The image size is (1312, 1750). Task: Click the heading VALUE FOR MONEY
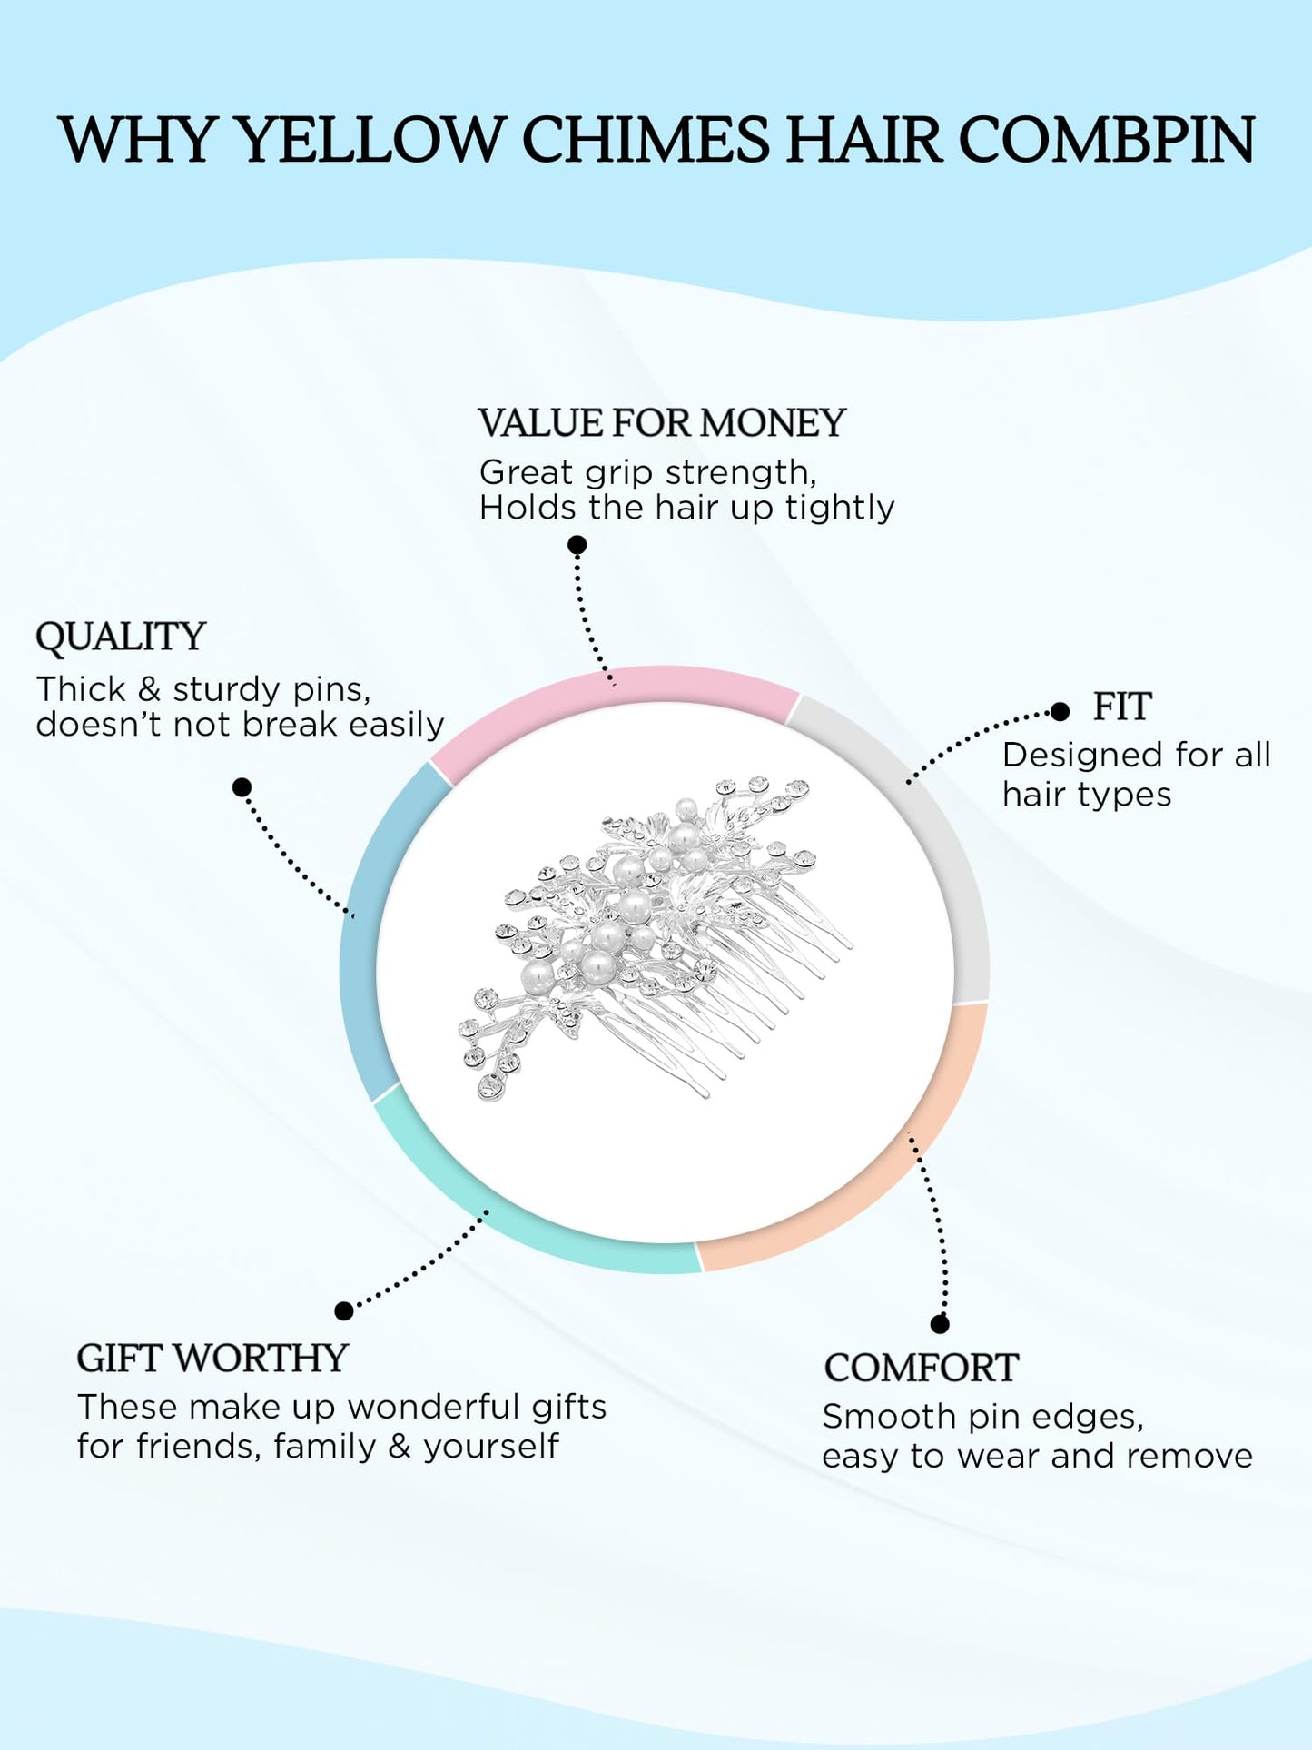[662, 423]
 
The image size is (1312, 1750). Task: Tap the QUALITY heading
[121, 637]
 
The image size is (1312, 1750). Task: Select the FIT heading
[1122, 707]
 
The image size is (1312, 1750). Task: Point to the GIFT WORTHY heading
[212, 1359]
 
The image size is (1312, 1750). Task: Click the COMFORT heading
[921, 1369]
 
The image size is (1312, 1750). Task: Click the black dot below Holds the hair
[577, 545]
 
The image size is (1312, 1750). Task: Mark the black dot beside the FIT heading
[1060, 712]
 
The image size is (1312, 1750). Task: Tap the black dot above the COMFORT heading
[940, 1324]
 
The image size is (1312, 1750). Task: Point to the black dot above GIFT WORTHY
[344, 1310]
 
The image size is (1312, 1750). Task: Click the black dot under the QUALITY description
[242, 787]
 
